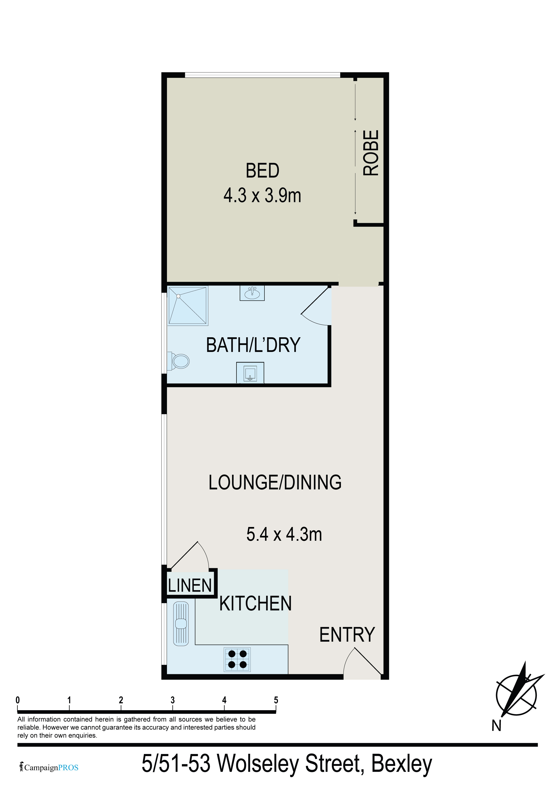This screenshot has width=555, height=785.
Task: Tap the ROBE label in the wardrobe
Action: [371, 153]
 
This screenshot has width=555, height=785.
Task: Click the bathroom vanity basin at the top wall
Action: [252, 293]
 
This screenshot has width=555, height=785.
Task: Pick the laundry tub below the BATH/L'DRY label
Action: [250, 373]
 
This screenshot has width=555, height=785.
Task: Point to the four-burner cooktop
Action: [237, 660]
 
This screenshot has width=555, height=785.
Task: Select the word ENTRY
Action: [347, 635]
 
